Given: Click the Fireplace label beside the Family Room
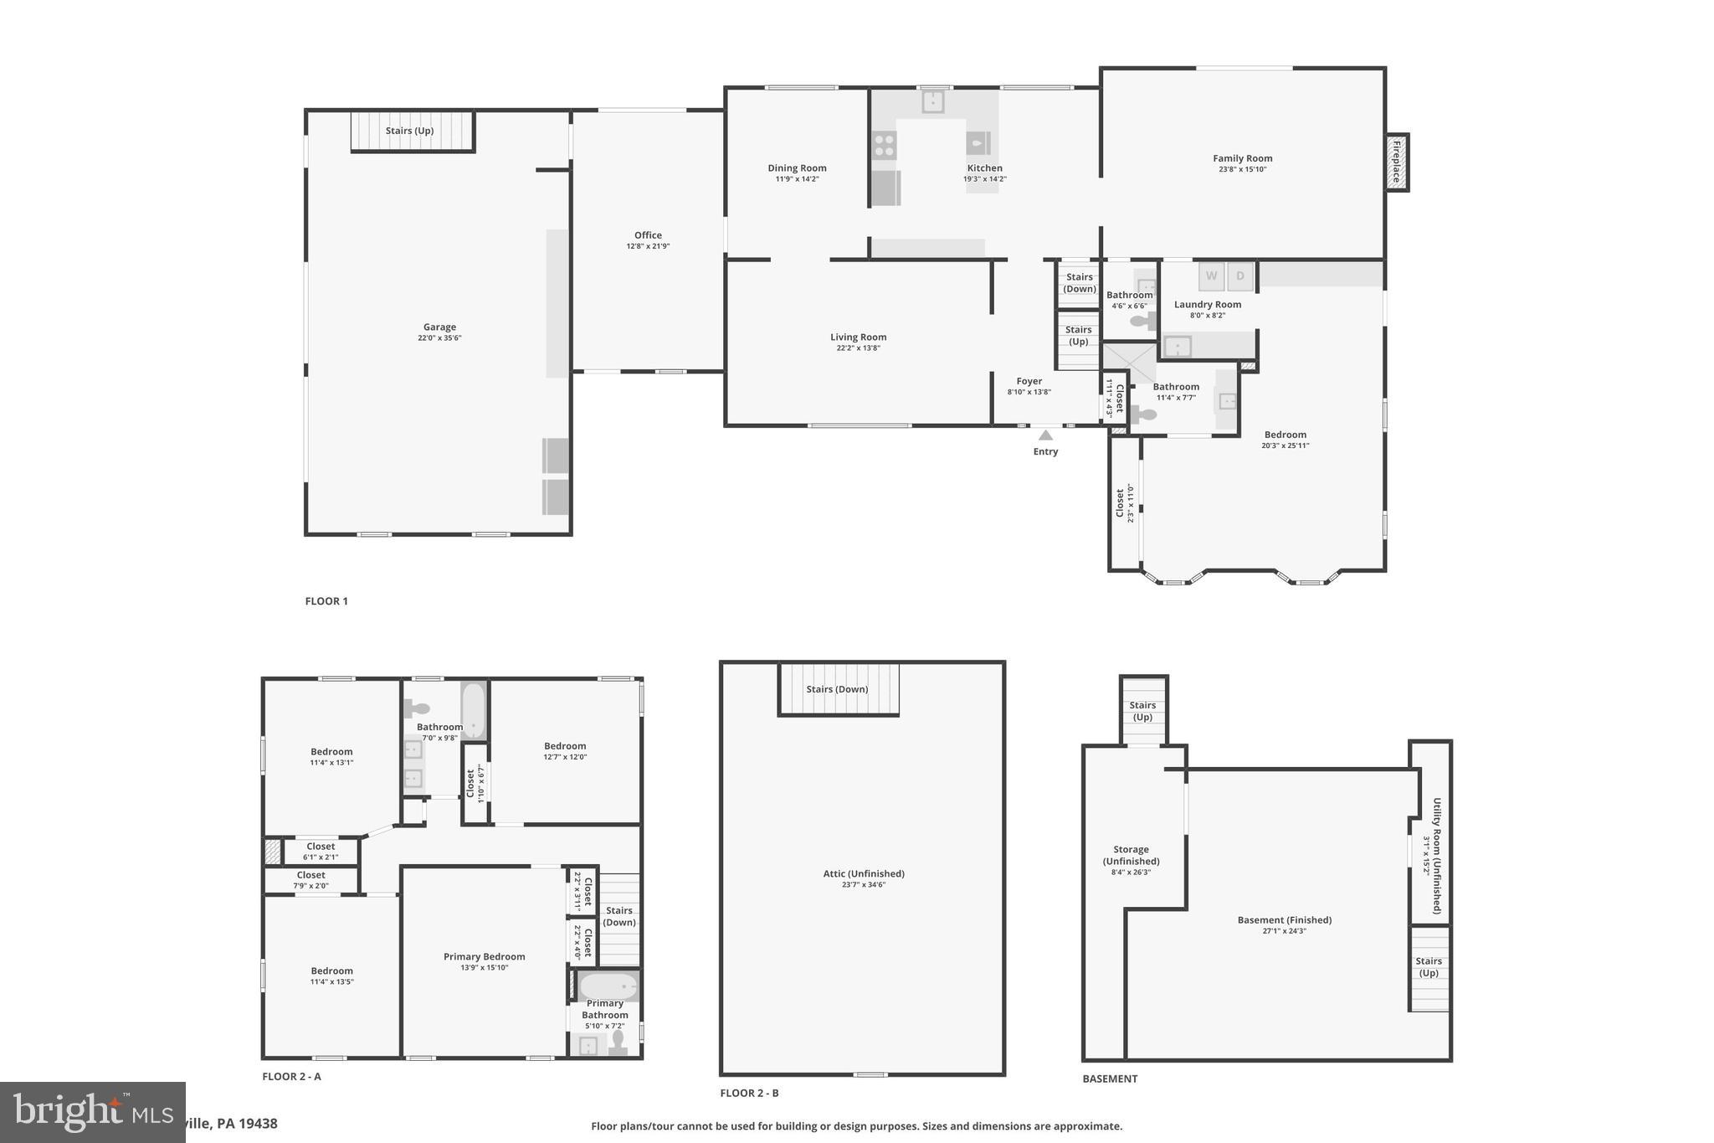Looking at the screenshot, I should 1397,162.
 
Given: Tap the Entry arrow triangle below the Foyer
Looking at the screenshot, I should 1045,435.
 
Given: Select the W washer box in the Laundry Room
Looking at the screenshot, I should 1211,275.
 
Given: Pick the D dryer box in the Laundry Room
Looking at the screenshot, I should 1240,275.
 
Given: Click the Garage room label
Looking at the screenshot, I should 439,327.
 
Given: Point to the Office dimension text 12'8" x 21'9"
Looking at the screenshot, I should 648,246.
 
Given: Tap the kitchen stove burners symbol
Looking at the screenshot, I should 885,146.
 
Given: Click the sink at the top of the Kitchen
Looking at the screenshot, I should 933,101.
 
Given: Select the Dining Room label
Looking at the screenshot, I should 797,168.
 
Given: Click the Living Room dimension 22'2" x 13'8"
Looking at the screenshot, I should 858,348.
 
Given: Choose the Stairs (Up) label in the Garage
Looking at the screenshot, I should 409,131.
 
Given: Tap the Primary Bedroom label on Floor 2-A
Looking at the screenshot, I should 484,956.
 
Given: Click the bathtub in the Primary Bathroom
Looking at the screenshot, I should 608,986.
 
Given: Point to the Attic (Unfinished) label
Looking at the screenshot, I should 864,873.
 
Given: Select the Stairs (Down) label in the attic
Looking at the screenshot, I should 837,689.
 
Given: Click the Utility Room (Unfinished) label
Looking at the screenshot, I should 1437,855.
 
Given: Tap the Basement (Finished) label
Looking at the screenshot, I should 1284,919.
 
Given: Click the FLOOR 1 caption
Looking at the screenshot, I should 326,601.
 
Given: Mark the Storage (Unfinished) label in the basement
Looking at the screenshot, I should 1131,855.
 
